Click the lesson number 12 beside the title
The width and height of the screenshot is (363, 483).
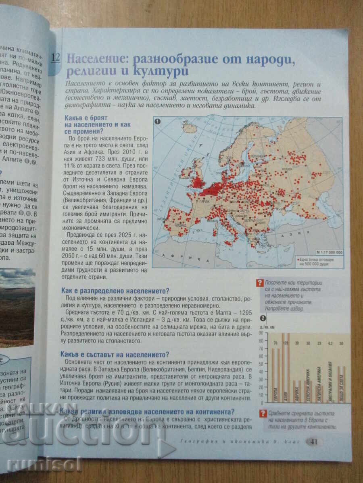click(x=55, y=57)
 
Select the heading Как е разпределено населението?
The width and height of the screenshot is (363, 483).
click(x=115, y=290)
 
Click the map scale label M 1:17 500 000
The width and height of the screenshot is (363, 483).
click(x=328, y=252)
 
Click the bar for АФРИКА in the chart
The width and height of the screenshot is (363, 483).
click(x=297, y=391)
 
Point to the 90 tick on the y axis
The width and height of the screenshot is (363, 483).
click(x=261, y=333)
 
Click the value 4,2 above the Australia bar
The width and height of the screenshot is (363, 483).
click(x=330, y=343)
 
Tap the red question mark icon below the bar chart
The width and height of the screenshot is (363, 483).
click(x=263, y=413)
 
